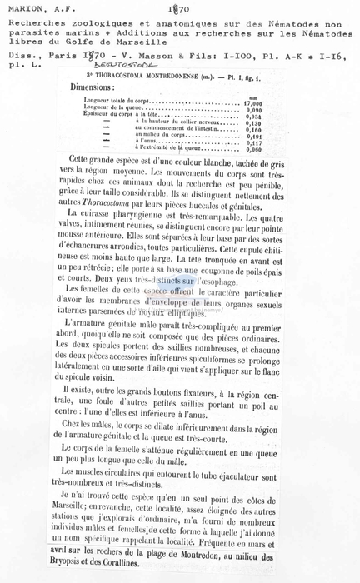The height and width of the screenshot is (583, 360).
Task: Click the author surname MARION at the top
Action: click(x=27, y=9)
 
